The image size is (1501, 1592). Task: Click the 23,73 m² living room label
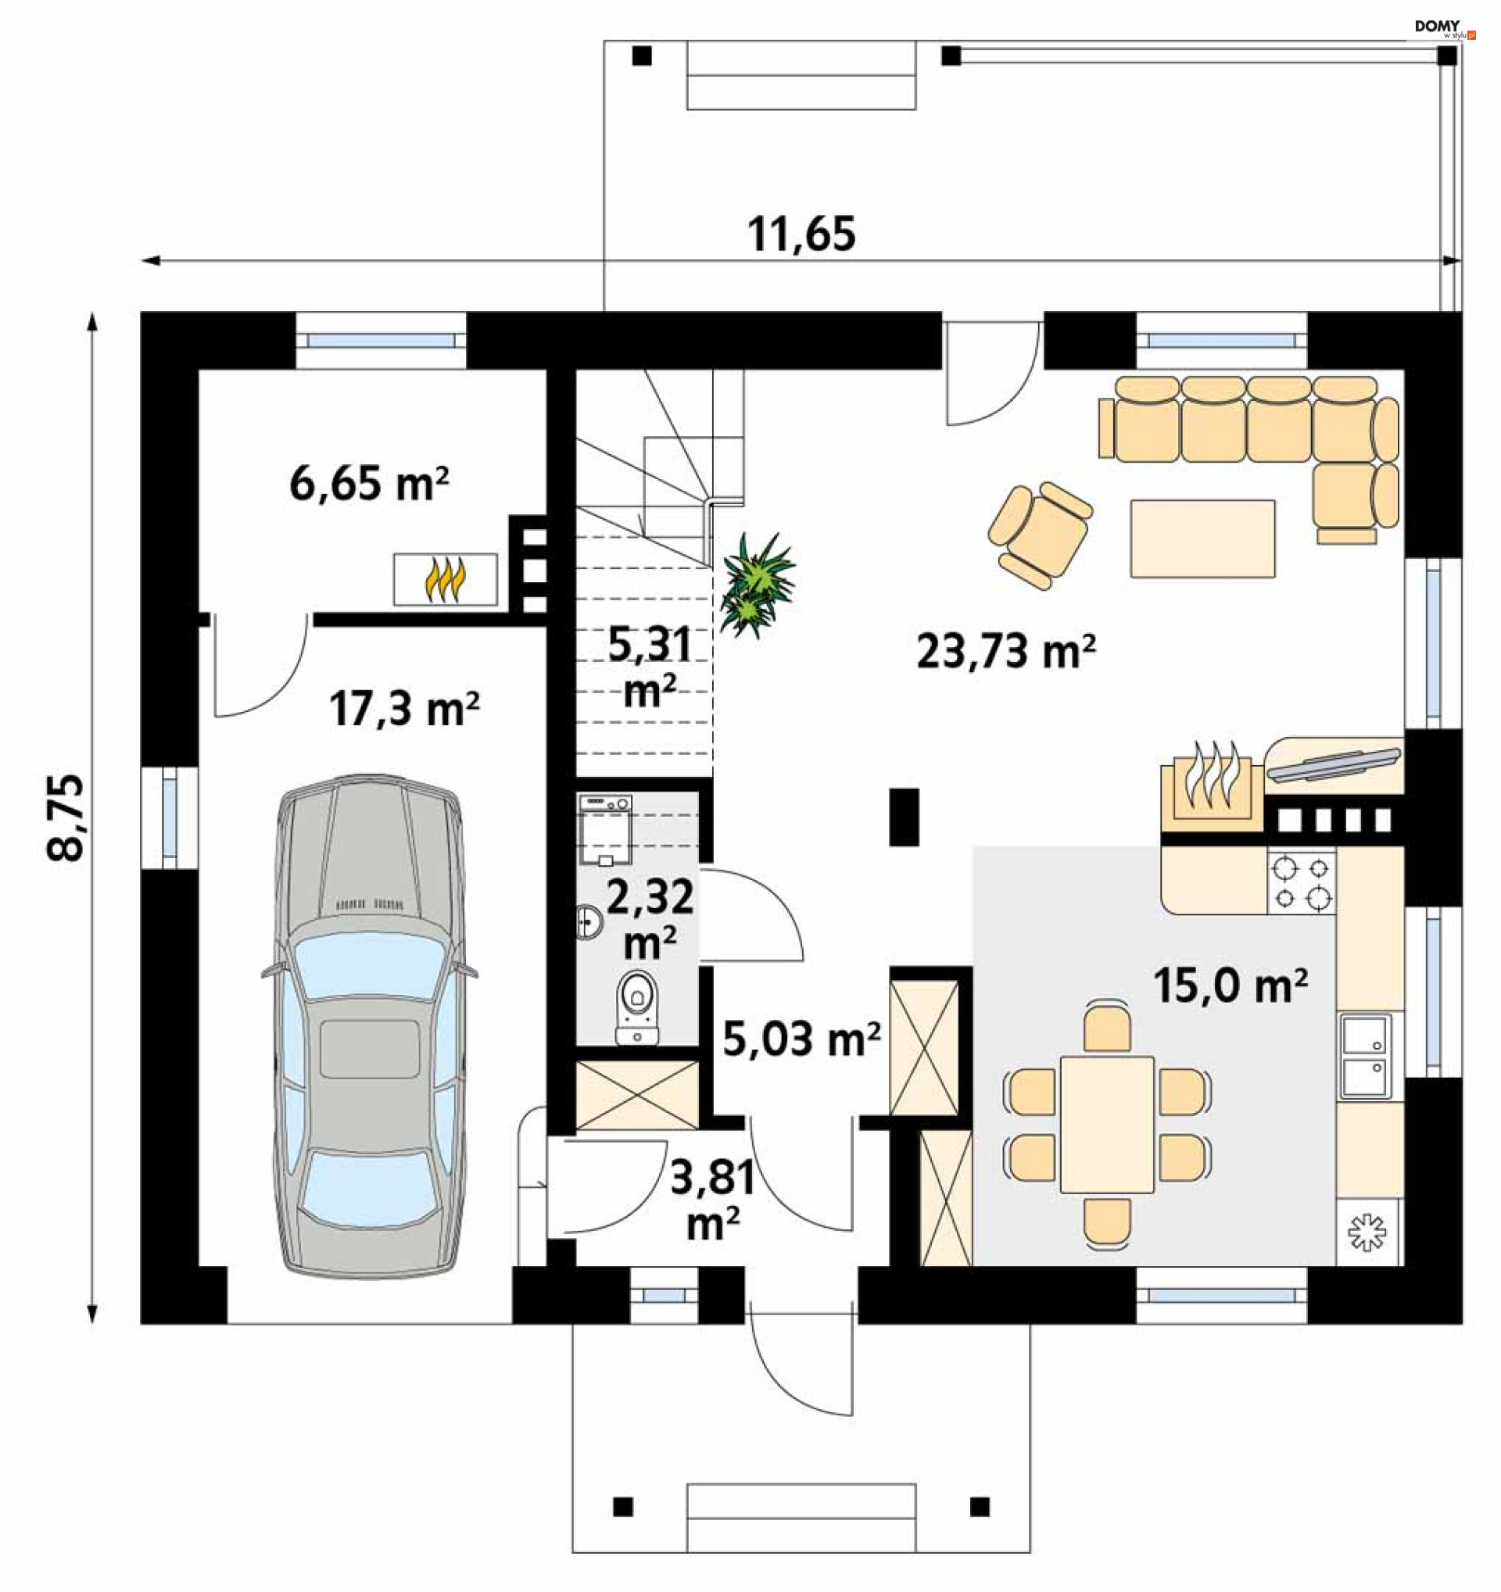(x=1006, y=651)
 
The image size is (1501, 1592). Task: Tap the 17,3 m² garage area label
(x=404, y=709)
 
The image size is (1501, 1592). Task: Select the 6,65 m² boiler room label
(x=369, y=484)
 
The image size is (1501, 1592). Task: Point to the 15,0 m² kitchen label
(x=1231, y=986)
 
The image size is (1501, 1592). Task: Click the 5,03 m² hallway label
(x=802, y=1039)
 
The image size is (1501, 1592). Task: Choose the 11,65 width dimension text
(x=802, y=234)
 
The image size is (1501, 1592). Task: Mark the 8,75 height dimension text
(x=66, y=817)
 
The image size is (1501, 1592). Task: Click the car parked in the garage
(x=370, y=1026)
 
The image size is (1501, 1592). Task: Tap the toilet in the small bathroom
(x=638, y=1007)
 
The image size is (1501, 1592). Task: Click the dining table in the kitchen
(x=1108, y=1125)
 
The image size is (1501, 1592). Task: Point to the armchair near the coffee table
(x=1041, y=535)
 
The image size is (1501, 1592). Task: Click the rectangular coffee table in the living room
(x=1202, y=538)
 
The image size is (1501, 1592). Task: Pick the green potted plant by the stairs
(x=754, y=585)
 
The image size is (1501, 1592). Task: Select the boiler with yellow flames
(x=446, y=579)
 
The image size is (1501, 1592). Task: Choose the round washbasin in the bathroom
(x=589, y=921)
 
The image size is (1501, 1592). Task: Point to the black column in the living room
(x=905, y=817)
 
